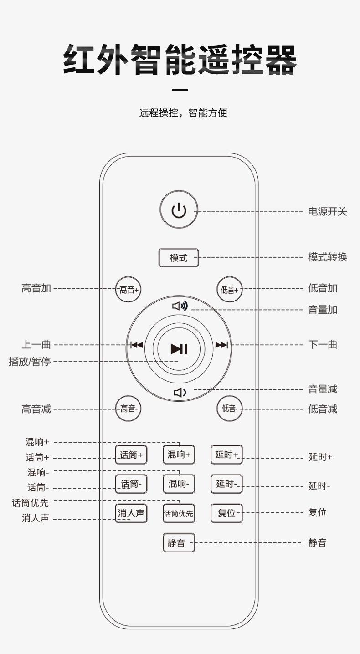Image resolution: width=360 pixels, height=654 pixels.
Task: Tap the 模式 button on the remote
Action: tap(179, 258)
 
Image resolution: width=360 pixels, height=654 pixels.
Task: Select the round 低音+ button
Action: tap(229, 290)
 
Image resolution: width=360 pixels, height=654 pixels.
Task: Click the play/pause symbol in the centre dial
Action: tap(179, 349)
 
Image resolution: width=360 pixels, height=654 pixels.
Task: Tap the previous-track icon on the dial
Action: tap(136, 345)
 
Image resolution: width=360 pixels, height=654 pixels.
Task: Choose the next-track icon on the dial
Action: tap(221, 345)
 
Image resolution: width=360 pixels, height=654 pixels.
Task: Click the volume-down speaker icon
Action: tap(180, 392)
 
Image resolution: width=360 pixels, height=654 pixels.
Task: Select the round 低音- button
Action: tap(229, 409)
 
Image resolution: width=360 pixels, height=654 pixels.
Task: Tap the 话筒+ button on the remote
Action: tap(131, 455)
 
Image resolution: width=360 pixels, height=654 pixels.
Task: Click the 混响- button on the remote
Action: tap(179, 484)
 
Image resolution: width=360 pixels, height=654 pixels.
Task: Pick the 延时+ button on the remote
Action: tap(226, 455)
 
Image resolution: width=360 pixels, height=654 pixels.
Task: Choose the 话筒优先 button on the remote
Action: tap(179, 513)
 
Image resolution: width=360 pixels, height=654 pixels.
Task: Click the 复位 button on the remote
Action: tap(226, 513)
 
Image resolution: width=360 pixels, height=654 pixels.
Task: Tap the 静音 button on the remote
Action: tap(179, 542)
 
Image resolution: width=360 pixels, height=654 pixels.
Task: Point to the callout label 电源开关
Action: tap(328, 211)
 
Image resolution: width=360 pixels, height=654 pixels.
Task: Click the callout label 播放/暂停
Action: tap(30, 362)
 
